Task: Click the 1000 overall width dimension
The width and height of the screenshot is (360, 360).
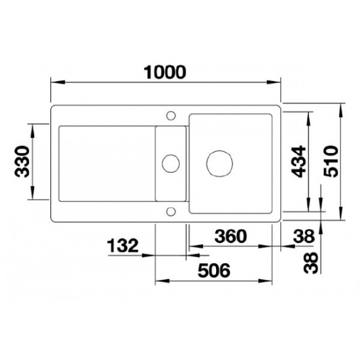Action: click(164, 72)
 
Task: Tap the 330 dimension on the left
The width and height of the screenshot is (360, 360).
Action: click(22, 162)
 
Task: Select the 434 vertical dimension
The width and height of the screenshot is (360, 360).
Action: click(298, 162)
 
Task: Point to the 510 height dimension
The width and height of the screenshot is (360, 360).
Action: click(331, 162)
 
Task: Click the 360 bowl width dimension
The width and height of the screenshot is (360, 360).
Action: click(230, 236)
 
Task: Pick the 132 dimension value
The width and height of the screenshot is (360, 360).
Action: click(123, 245)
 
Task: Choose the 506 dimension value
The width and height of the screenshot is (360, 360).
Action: click(214, 270)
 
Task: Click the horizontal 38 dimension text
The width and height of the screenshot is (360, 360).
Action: click(304, 236)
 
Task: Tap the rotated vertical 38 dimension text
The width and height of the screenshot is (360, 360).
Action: click(311, 263)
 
